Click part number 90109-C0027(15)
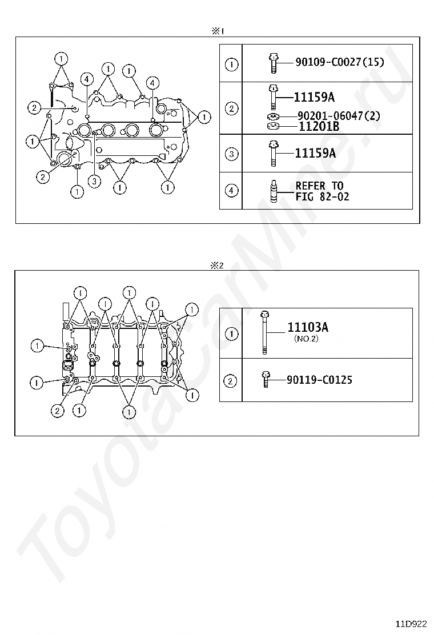point(340,62)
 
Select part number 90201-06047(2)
point(339,116)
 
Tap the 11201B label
point(319,126)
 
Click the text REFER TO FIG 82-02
point(322,191)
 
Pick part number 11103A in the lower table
point(308,327)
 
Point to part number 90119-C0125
point(319,380)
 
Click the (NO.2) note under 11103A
point(306,339)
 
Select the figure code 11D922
point(411,624)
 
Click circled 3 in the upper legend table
point(231,154)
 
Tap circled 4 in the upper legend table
point(231,190)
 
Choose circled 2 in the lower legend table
point(230,381)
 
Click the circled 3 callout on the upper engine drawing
point(94,181)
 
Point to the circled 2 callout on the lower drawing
point(58,411)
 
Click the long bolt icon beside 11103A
point(264,332)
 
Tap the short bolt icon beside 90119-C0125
point(265,380)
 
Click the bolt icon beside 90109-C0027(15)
point(274,63)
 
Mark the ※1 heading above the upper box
point(218,31)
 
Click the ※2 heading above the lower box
point(217,266)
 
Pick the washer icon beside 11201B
point(274,126)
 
